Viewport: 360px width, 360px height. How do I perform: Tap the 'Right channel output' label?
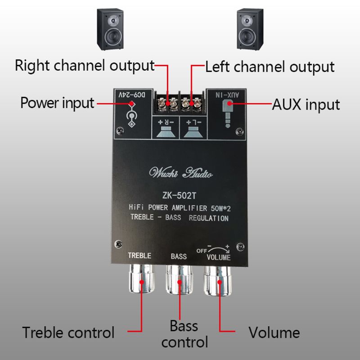coord(85,66)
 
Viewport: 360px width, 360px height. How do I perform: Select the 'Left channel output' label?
coord(270,67)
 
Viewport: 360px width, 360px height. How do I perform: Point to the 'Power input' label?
coord(57,103)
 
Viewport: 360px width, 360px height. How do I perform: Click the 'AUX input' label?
coord(306,105)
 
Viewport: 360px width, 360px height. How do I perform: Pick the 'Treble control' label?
coord(68,333)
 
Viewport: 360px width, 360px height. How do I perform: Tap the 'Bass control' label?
coord(184,333)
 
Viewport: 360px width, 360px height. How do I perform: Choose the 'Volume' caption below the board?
coord(274,333)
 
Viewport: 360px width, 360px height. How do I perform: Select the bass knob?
coord(180,281)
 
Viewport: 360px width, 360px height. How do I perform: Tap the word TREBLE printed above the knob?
coord(139,256)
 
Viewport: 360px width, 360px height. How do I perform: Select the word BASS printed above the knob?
coord(179,256)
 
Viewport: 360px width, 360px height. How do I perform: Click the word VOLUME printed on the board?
coord(218,257)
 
